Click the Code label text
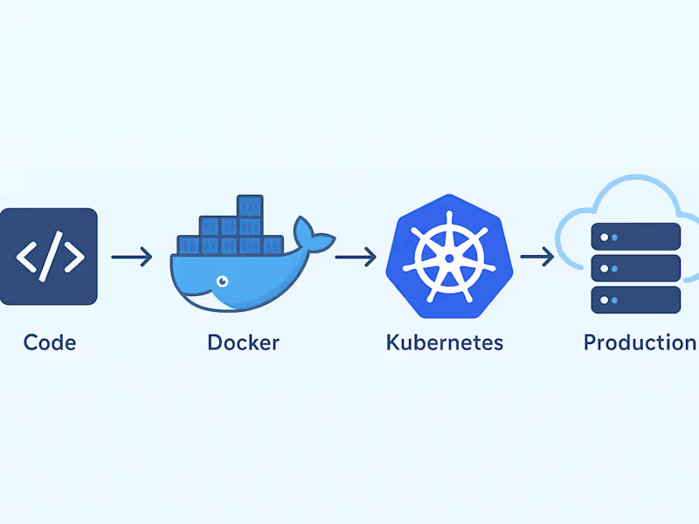pyautogui.click(x=50, y=341)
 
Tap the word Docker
pyautogui.click(x=243, y=341)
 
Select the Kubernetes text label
pyautogui.click(x=444, y=341)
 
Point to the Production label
pyautogui.click(x=640, y=341)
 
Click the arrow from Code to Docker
pyautogui.click(x=132, y=257)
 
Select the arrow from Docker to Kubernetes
pyautogui.click(x=356, y=257)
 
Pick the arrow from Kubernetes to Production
pyautogui.click(x=536, y=257)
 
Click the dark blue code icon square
pyautogui.click(x=48, y=257)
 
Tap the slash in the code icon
pyautogui.click(x=50, y=257)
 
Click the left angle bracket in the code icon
pyautogui.click(x=27, y=257)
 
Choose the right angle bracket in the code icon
pyautogui.click(x=73, y=257)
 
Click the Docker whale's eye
pyautogui.click(x=222, y=281)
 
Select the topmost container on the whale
pyautogui.click(x=250, y=206)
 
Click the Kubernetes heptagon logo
pyautogui.click(x=447, y=254)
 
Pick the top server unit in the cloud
pyautogui.click(x=635, y=236)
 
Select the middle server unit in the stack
pyautogui.click(x=635, y=267)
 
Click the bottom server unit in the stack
pyautogui.click(x=635, y=300)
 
